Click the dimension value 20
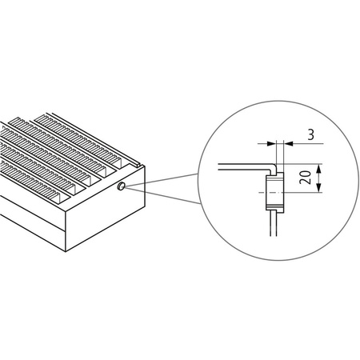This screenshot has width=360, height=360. click(x=305, y=178)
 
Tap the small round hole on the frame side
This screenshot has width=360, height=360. click(x=120, y=187)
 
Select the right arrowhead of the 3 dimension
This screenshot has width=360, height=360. click(x=282, y=142)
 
